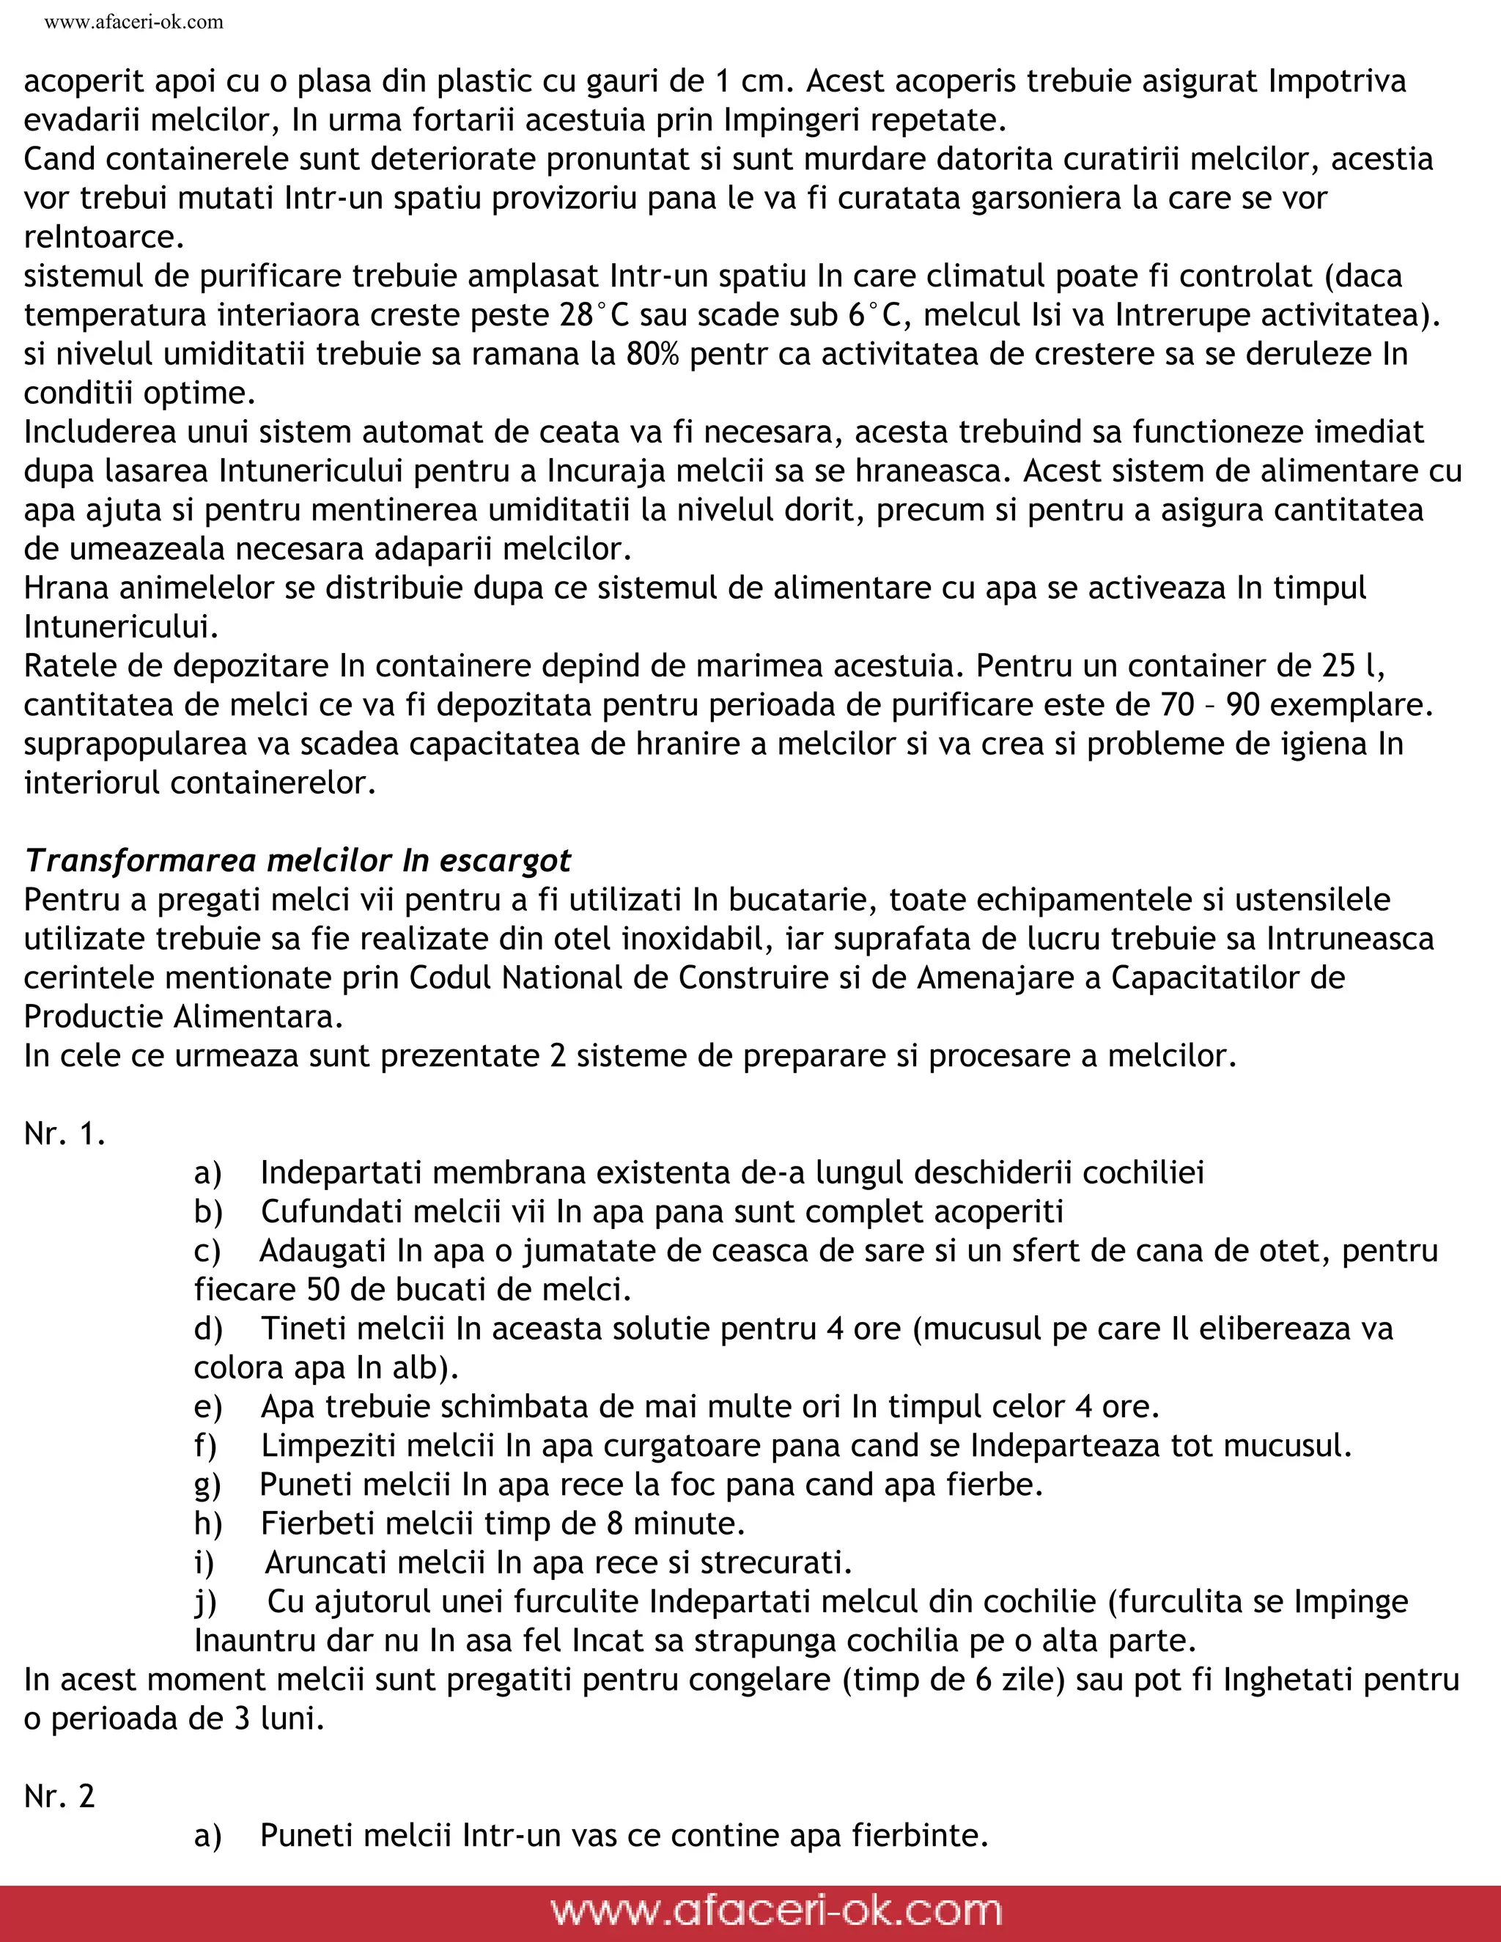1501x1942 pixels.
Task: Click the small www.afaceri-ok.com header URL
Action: click(x=133, y=22)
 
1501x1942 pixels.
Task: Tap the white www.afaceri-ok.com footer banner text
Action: click(x=775, y=1910)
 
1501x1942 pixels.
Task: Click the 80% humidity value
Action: click(x=654, y=354)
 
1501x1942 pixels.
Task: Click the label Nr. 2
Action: click(x=59, y=1796)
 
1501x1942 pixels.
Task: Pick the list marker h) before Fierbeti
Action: click(x=208, y=1524)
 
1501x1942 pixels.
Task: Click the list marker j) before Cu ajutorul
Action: click(x=205, y=1601)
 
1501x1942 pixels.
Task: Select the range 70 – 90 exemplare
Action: click(x=1297, y=704)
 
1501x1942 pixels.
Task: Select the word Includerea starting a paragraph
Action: click(x=100, y=431)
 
